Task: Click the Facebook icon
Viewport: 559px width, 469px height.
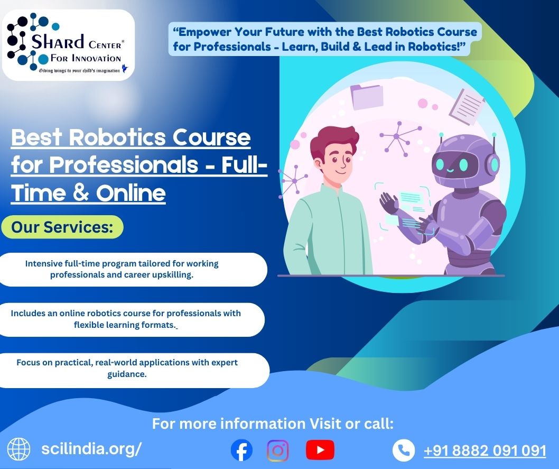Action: (x=241, y=450)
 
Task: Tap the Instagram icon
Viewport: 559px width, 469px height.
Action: (x=278, y=450)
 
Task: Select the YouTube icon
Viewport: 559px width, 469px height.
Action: (x=320, y=450)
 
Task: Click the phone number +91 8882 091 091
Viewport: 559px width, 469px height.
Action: (x=485, y=450)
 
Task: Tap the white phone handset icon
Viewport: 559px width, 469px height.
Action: (x=404, y=450)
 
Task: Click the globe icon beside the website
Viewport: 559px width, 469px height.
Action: (x=19, y=449)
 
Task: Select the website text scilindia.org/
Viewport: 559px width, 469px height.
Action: (x=91, y=449)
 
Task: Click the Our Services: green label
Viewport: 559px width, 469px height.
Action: (x=62, y=227)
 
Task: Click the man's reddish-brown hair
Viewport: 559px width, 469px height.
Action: (x=333, y=141)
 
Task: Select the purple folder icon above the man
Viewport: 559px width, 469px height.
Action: (x=367, y=96)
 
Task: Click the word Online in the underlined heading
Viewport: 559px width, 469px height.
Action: (x=131, y=193)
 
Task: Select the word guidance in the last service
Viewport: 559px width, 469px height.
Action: (x=127, y=374)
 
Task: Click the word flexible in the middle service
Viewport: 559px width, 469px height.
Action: (x=88, y=325)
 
